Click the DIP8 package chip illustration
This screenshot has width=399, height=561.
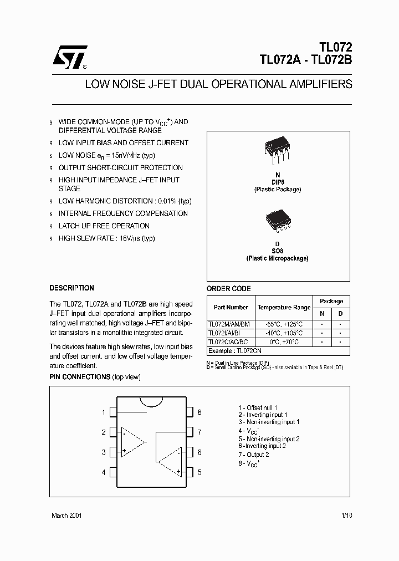[x=277, y=149]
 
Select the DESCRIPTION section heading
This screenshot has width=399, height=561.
[x=71, y=288]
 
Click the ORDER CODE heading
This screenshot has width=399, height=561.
[x=228, y=289]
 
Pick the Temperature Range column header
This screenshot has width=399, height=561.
[x=284, y=307]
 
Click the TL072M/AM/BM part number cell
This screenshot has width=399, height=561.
[x=229, y=324]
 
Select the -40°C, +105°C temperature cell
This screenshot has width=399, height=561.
[x=284, y=333]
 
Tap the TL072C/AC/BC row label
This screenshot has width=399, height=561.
[x=228, y=342]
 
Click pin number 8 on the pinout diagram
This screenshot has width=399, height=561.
[x=199, y=412]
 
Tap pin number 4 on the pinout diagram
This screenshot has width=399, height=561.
[x=104, y=472]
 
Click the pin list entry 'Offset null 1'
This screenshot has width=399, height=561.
[x=258, y=407]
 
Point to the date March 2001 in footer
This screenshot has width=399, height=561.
[x=66, y=516]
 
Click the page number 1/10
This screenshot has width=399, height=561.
[x=346, y=516]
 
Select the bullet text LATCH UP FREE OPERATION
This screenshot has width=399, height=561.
[x=104, y=226]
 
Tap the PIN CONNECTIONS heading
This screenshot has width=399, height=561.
[x=80, y=377]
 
